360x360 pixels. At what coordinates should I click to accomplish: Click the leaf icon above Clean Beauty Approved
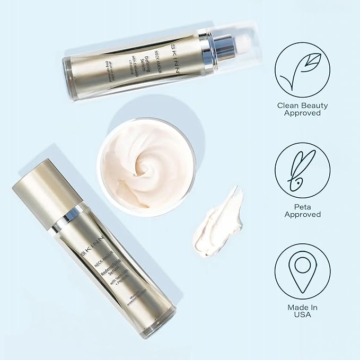(302, 69)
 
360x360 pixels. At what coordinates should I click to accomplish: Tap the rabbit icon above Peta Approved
(302, 170)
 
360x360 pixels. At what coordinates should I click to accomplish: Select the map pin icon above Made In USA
(302, 271)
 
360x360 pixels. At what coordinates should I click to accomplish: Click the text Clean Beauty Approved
(302, 109)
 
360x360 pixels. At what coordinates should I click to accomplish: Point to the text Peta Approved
(302, 210)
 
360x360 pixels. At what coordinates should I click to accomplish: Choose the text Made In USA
(302, 311)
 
